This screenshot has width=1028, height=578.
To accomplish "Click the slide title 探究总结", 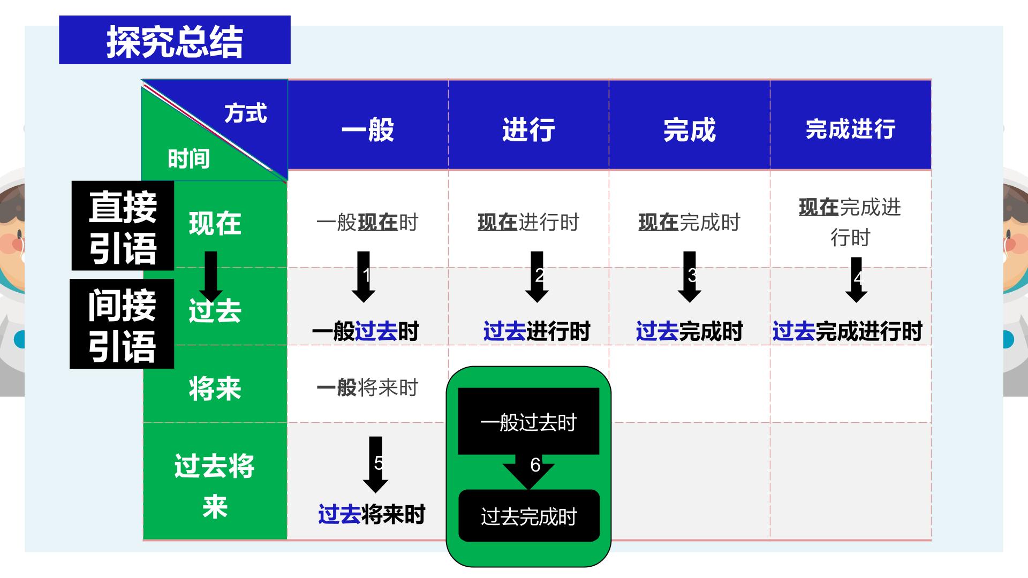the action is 175,41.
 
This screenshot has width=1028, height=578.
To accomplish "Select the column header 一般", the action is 368,130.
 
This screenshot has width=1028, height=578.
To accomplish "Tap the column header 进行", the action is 528,130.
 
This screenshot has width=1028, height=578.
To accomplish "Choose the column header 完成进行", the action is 850,129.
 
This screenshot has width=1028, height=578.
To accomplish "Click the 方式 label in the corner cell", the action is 246,113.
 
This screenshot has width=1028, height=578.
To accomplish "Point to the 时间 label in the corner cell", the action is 188,159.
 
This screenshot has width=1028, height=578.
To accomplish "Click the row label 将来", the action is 215,388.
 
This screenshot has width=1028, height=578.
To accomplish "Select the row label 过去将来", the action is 215,485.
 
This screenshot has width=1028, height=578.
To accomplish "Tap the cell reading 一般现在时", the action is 367,222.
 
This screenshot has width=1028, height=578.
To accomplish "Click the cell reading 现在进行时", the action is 528,222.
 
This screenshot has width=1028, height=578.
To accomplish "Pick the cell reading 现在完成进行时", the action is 850,222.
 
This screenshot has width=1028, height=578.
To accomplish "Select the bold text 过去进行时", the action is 536,331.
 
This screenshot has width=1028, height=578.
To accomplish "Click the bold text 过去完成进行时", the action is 847,331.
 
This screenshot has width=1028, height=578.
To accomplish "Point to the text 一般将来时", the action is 367,387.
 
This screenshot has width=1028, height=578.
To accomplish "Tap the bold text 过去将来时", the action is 372,514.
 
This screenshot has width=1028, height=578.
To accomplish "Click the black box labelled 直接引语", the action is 123,225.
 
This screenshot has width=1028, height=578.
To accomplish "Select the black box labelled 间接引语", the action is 122,324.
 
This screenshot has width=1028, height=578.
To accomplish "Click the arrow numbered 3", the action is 690,277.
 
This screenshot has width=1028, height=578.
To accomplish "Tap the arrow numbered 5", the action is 375,465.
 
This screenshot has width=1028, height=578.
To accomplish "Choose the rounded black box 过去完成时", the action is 529,516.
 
